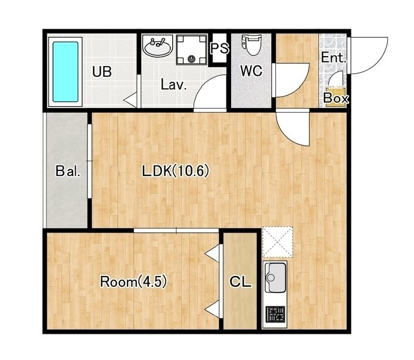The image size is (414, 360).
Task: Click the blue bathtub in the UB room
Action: click(x=65, y=72)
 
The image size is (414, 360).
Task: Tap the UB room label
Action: click(x=102, y=72)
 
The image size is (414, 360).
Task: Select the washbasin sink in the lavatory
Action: click(x=157, y=46)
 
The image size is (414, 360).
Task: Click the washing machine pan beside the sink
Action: click(x=191, y=49)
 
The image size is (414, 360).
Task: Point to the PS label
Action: click(x=219, y=48)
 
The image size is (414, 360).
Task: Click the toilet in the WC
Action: click(x=251, y=45)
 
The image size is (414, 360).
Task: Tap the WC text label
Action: click(x=251, y=70)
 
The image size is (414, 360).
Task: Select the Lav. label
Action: click(x=174, y=85)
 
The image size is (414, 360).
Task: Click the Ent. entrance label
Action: click(x=334, y=57)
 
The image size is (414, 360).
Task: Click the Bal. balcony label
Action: click(x=68, y=171)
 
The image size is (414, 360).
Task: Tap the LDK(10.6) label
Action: click(x=176, y=170)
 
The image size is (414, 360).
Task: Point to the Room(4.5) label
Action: click(x=133, y=282)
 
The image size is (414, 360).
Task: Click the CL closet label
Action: click(x=240, y=282)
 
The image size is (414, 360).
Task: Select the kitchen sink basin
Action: click(x=275, y=277)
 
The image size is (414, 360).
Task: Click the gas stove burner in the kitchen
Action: click(x=275, y=314)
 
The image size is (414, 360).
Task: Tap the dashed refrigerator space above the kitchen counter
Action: click(x=278, y=242)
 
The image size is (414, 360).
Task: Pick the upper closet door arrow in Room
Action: click(x=212, y=253)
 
